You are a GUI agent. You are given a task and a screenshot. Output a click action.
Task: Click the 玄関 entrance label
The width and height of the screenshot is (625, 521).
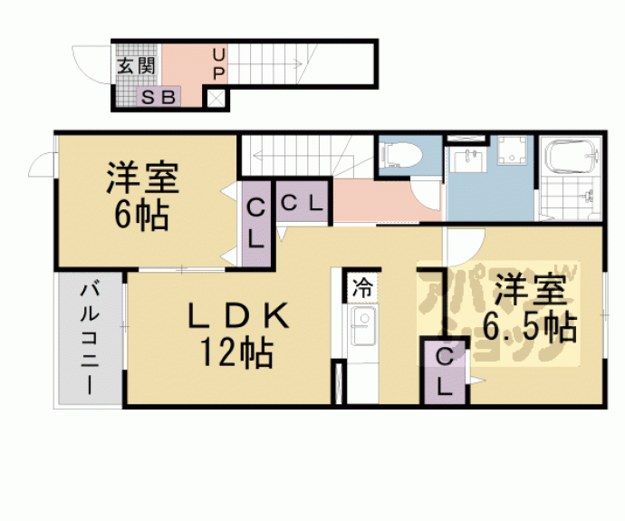click(137, 65)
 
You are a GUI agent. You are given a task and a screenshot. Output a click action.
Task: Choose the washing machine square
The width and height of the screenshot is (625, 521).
click(513, 152)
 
